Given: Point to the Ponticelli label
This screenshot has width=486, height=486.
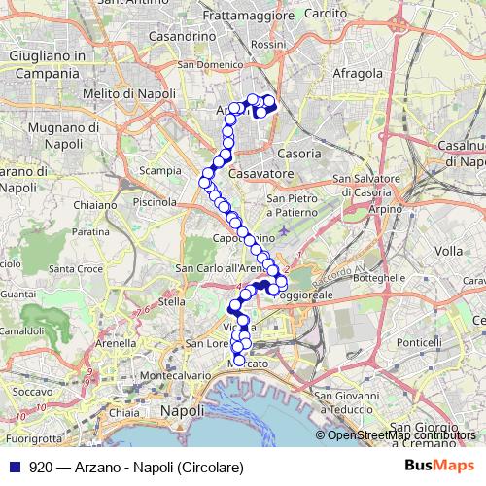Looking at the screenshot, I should pyautogui.click(x=420, y=342).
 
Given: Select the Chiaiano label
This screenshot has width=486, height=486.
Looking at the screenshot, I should pyautogui.click(x=94, y=205).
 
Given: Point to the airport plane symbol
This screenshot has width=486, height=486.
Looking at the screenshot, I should pyautogui.click(x=281, y=229).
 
